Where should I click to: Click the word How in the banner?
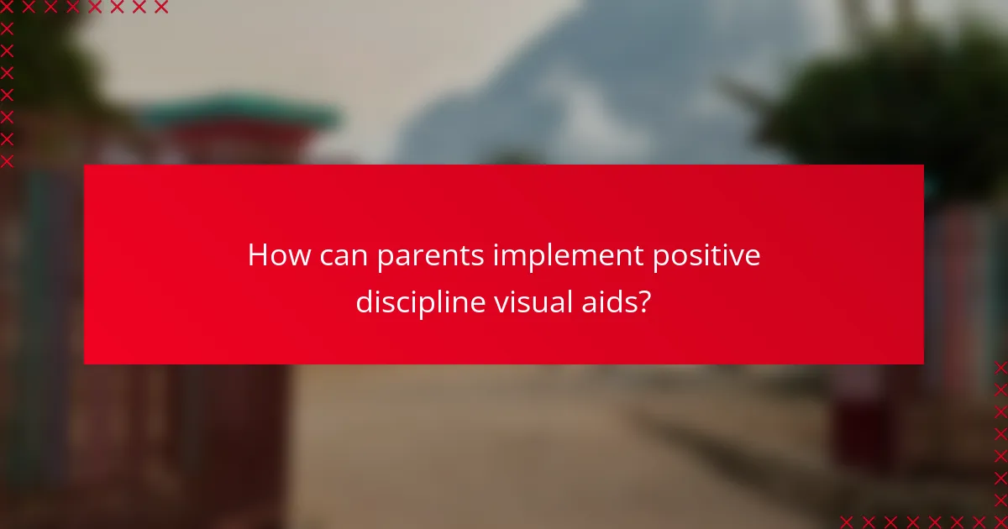278,255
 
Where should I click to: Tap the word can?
344,255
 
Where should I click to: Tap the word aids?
606,301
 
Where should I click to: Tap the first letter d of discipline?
365,301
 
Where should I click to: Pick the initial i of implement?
496,255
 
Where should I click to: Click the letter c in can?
327,257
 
